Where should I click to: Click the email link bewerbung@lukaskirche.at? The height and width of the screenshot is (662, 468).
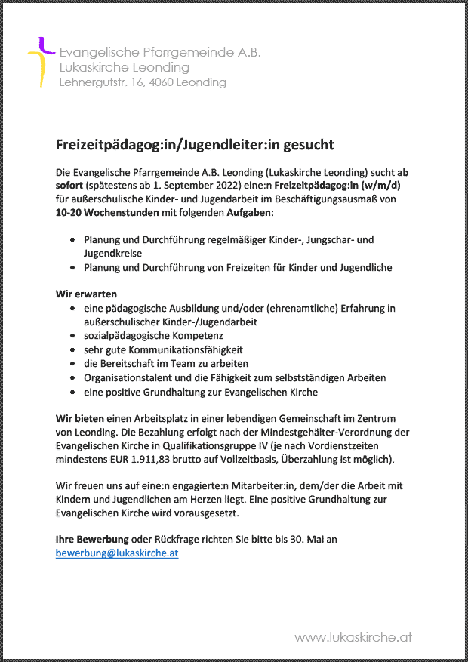coord(117,553)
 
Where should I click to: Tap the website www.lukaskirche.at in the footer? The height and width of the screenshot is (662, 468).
coord(353,637)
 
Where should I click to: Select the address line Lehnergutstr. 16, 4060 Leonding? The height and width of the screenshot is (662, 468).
coord(143,82)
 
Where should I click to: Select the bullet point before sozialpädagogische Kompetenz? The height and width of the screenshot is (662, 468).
coord(72,336)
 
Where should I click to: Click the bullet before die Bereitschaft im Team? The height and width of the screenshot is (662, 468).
coord(72,365)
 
